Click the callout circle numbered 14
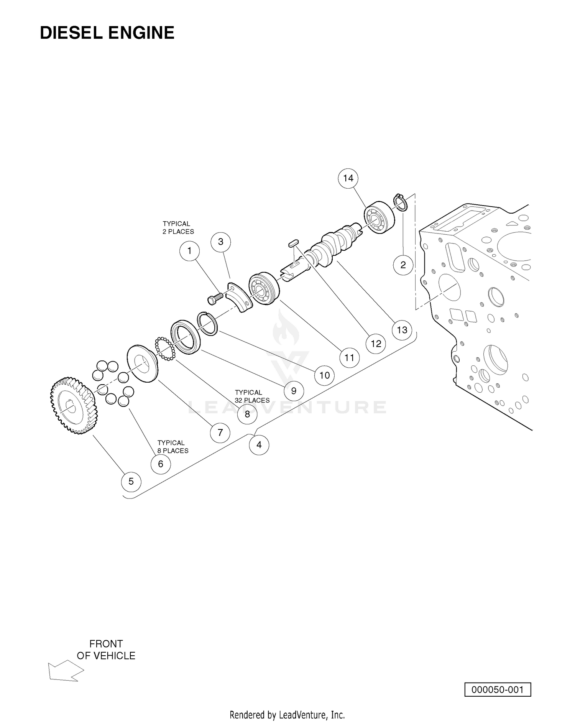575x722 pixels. coord(348,178)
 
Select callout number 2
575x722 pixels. coord(403,265)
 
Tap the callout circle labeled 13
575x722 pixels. coord(402,330)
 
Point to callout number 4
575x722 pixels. coord(259,445)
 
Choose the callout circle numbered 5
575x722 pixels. coord(131,481)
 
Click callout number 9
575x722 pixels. coord(294,391)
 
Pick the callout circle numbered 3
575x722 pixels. coord(221,242)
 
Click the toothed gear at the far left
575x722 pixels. coord(74,406)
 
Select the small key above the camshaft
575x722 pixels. coord(294,243)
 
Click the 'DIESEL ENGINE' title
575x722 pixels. coord(107,33)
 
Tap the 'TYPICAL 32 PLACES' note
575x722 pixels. coord(252,396)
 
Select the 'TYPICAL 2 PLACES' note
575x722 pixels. coord(178,227)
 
